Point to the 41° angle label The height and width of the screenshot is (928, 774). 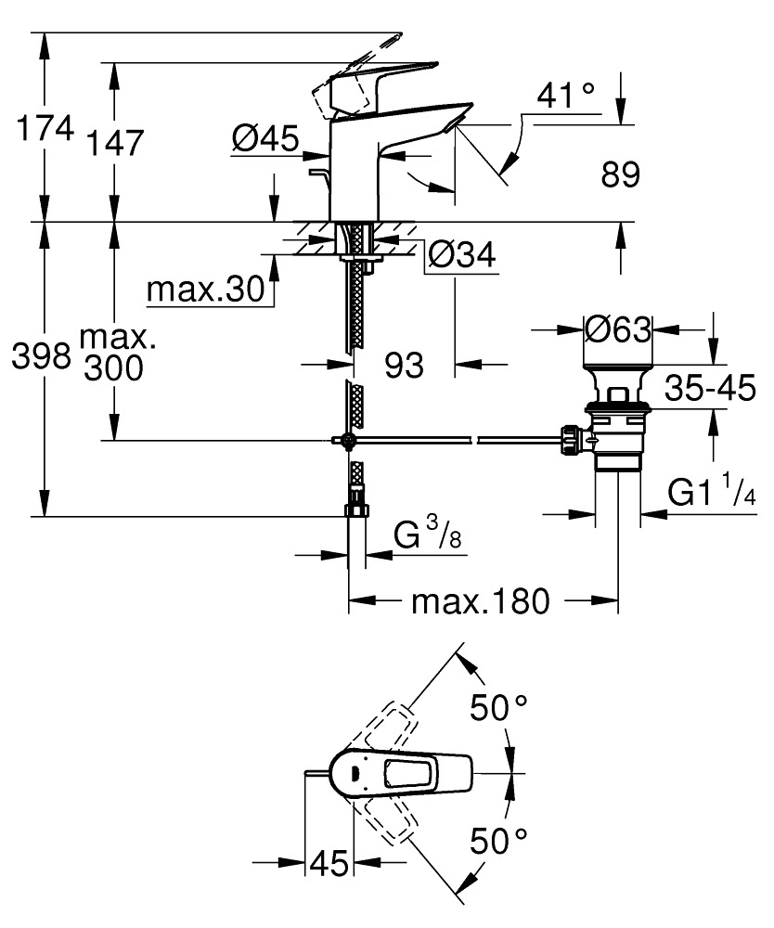click(x=565, y=95)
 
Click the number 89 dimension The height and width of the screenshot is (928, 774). click(x=621, y=175)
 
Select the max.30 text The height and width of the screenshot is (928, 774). click(x=204, y=291)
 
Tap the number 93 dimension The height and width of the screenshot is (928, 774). click(x=404, y=365)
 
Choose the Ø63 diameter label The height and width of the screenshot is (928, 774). click(x=618, y=328)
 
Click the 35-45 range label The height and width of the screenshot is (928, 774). click(x=709, y=391)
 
